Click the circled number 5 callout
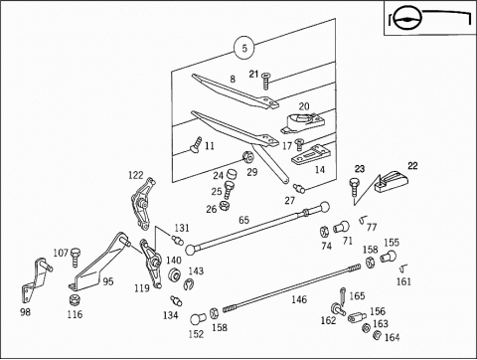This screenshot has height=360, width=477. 244,48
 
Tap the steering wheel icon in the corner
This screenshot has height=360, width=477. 407,18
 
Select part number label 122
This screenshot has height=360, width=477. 136,175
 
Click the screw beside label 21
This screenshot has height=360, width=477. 265,82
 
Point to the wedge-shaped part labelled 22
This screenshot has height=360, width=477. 392,181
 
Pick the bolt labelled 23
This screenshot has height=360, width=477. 354,186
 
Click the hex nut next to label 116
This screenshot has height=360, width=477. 75,300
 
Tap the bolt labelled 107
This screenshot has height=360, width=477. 76,257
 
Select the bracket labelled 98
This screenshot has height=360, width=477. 35,280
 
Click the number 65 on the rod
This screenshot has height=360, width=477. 243,220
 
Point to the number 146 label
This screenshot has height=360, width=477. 299,299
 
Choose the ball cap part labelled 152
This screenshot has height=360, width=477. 198,319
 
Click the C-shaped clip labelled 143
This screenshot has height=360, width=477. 189,284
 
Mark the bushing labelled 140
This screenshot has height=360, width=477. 174,274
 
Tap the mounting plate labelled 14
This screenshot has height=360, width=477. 311,155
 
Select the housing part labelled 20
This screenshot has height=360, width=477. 302,122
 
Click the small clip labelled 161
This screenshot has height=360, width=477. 403,268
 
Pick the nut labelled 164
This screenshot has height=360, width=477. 377,335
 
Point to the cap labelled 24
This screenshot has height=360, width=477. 231,174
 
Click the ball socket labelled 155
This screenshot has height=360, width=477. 388,257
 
